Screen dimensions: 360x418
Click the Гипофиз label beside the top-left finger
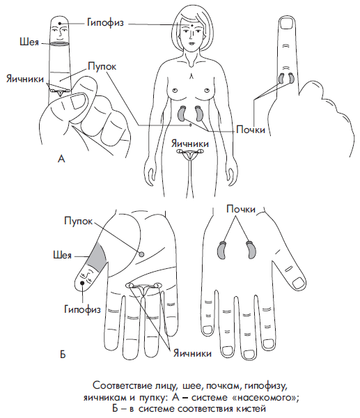click(105, 23)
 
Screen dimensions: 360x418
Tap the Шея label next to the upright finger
click(29, 42)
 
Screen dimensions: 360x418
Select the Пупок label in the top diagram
click(102, 66)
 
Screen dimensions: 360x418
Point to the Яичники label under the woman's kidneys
click(189, 144)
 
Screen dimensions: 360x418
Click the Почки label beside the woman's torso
click(251, 130)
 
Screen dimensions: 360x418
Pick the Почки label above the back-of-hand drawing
click(241, 209)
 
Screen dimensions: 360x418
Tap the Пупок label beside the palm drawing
click(79, 221)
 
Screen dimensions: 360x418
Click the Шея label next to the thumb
click(63, 256)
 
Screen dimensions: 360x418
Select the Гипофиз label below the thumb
click(82, 309)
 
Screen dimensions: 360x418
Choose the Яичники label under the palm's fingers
click(192, 353)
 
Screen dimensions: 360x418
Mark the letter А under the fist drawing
click(61, 159)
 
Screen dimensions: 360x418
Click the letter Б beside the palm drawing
click(63, 355)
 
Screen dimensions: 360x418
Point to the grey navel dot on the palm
click(142, 254)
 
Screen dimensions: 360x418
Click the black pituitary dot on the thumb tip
click(82, 283)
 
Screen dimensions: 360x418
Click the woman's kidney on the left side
click(182, 113)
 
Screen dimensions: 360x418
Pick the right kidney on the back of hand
click(251, 249)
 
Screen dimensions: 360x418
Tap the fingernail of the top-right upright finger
click(287, 25)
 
